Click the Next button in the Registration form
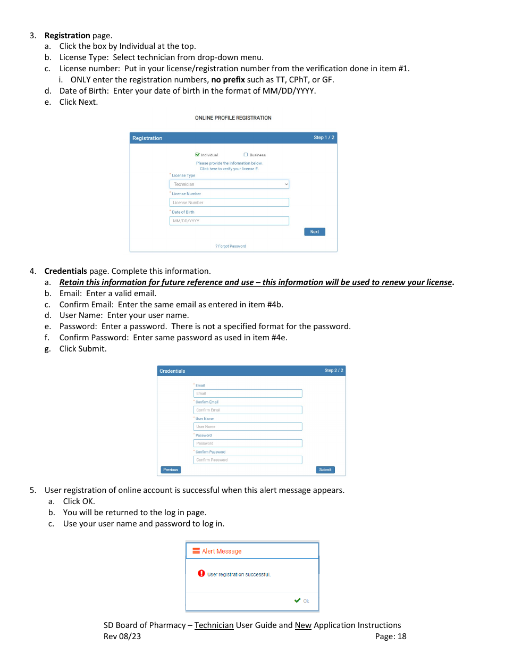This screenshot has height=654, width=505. point(314,232)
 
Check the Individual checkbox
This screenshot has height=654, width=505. point(198,155)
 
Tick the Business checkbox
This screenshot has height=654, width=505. point(246,155)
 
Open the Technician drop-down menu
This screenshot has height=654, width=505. point(229,185)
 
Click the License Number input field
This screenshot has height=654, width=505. point(229,203)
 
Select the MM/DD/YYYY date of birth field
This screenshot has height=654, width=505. point(229,221)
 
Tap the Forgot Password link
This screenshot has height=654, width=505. point(231,246)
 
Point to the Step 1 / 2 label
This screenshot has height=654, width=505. point(324,138)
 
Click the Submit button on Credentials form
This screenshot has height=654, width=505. point(325,469)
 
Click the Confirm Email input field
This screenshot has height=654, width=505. point(248,410)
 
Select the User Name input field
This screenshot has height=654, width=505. point(248,426)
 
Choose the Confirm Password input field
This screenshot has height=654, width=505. point(248,460)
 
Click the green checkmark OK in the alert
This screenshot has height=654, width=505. point(301,601)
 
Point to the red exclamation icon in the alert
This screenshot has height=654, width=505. point(201,573)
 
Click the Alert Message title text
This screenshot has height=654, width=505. point(221,551)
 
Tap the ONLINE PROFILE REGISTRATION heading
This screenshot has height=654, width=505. point(233,118)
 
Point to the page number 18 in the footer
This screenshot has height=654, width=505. point(401,636)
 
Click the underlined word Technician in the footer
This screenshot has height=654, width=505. point(214,625)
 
